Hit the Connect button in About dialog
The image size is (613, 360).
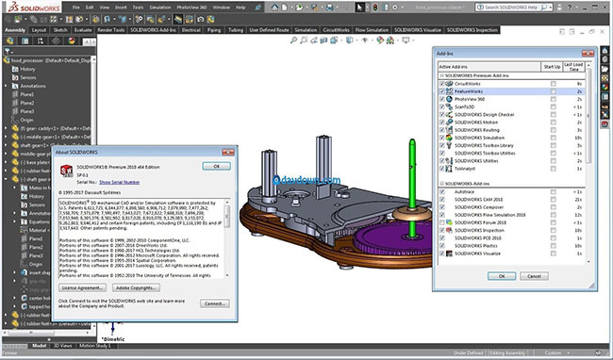(216, 304)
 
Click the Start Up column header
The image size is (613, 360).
(552, 66)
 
